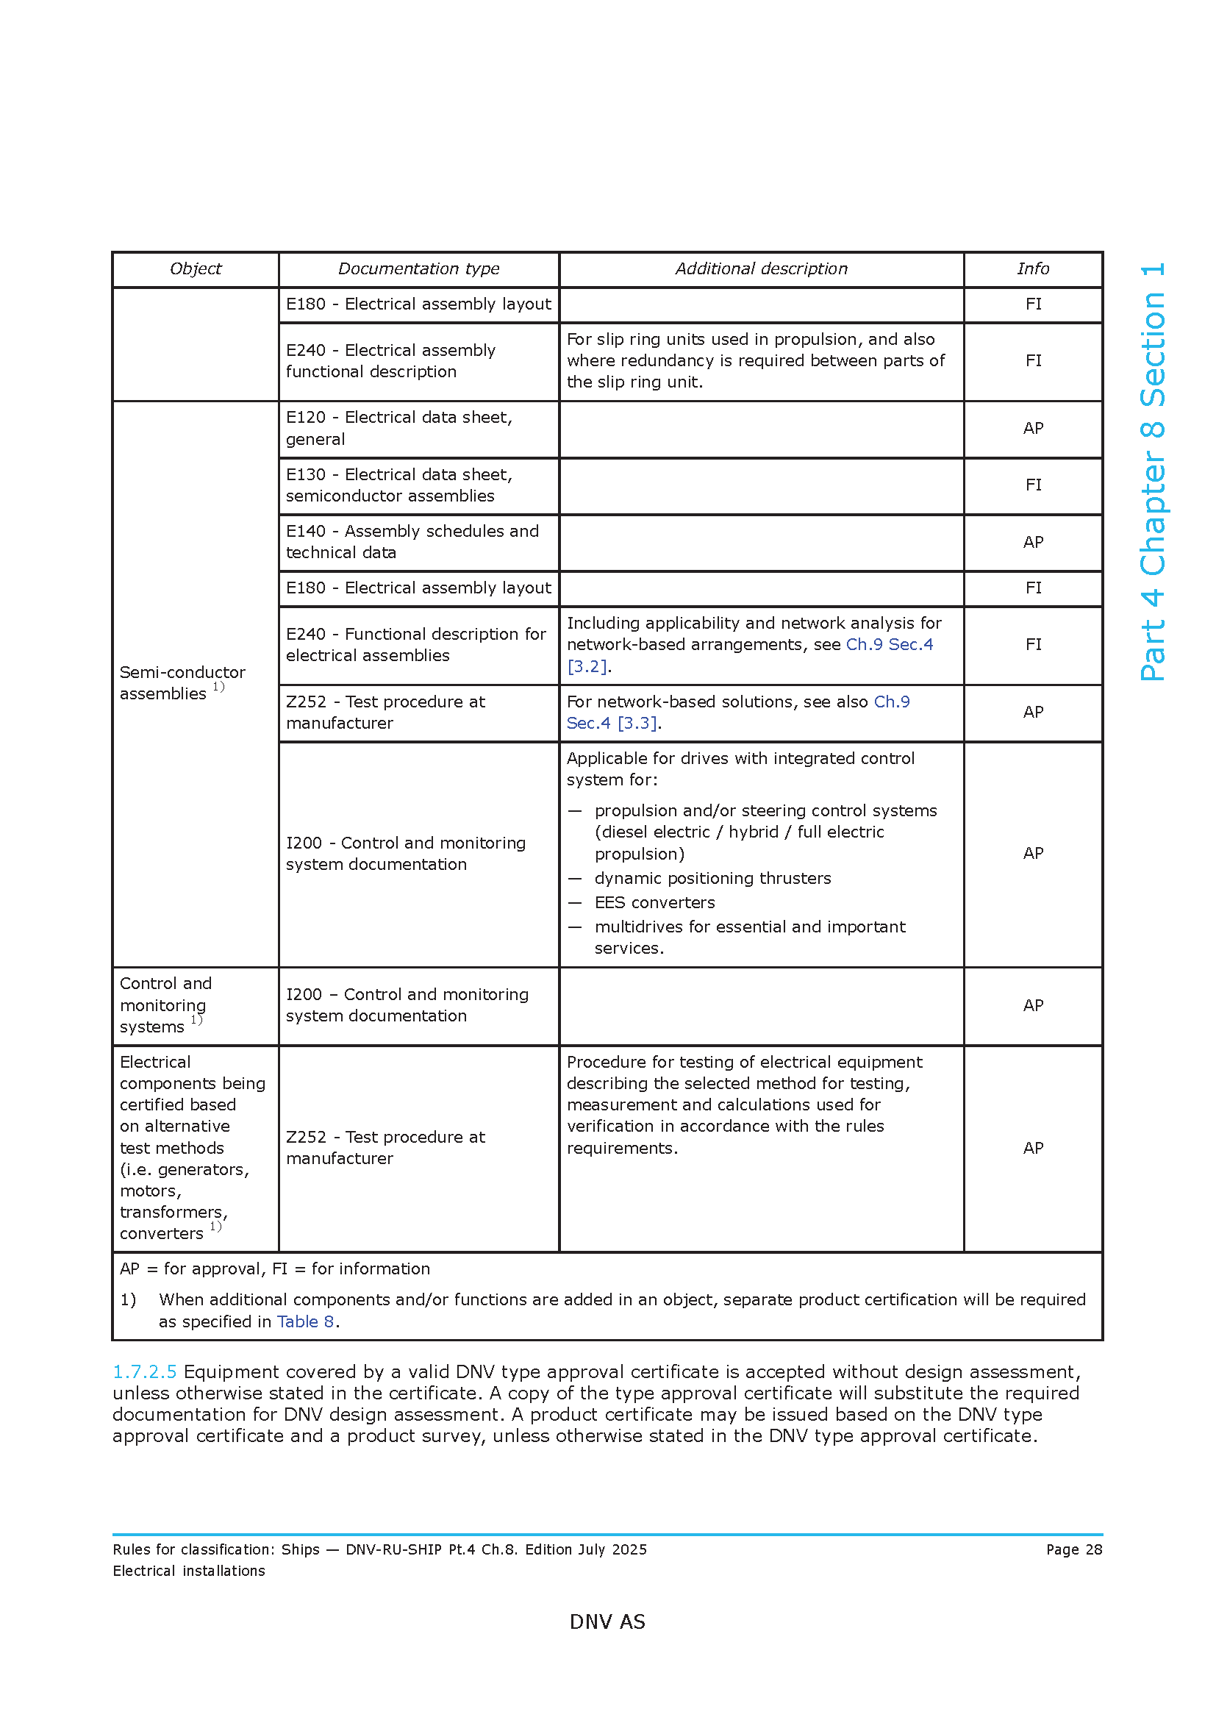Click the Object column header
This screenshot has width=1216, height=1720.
click(x=196, y=269)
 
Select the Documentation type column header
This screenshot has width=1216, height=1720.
click(x=418, y=269)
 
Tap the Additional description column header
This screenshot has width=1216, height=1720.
click(x=761, y=269)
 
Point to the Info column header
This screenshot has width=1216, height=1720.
click(x=1032, y=269)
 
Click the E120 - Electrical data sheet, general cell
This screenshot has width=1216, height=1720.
click(x=399, y=429)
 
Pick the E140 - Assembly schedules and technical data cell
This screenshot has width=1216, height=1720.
click(x=412, y=542)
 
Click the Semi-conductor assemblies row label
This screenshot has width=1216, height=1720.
click(x=182, y=683)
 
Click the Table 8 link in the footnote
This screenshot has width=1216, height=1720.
click(x=305, y=1321)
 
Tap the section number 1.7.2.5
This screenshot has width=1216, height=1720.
click(x=145, y=1371)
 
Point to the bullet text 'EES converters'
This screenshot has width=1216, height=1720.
click(x=654, y=903)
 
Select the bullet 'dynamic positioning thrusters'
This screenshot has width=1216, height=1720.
click(x=712, y=878)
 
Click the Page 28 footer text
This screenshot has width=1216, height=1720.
click(x=1073, y=1549)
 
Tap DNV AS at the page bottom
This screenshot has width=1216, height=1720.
click(x=607, y=1622)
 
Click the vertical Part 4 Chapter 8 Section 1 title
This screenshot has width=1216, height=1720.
click(x=1152, y=472)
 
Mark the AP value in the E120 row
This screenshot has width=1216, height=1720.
click(x=1032, y=429)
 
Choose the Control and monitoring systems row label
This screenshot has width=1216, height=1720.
click(x=165, y=1005)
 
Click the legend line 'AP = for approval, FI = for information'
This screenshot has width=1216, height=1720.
click(x=275, y=1269)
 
